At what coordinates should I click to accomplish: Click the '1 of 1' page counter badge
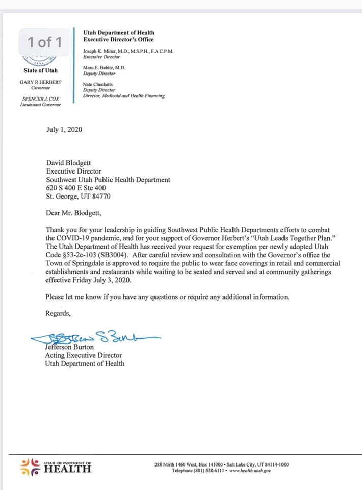pos(45,42)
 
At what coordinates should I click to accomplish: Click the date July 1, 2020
pos(64,129)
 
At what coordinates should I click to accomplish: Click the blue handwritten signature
pos(95,337)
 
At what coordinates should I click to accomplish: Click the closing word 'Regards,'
pos(59,313)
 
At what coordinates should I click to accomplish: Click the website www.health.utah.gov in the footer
pos(250,470)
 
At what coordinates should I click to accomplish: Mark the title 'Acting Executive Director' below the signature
pos(84,355)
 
